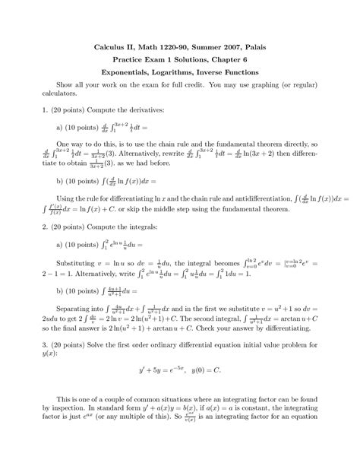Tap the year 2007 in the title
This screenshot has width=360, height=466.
pyautogui.click(x=223, y=46)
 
